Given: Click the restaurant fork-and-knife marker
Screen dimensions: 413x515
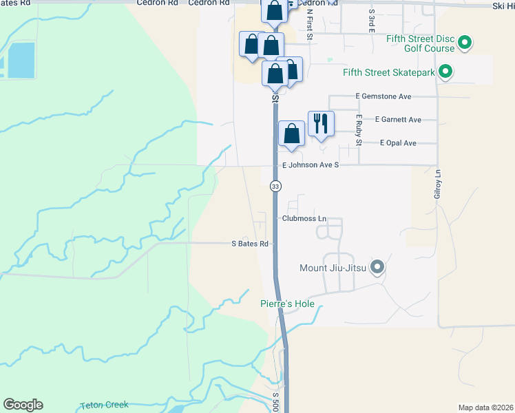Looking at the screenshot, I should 321,124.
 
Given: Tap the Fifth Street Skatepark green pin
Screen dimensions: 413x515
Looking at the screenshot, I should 445,71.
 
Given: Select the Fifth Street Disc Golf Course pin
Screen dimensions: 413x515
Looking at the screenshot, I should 465,43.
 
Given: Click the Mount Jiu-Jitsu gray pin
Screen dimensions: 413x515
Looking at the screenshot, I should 377,267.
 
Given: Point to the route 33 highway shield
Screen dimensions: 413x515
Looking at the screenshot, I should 275,187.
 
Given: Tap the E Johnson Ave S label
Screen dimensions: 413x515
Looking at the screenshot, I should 311,165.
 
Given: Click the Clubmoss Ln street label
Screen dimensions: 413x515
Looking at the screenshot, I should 303,218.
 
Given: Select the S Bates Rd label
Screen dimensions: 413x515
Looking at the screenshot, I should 249,244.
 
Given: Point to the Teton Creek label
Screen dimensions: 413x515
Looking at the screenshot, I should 104,405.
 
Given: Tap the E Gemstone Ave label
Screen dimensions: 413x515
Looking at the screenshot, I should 383,97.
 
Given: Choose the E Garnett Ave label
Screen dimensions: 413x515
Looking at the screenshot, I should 398,120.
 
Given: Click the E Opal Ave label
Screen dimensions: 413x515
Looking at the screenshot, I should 398,143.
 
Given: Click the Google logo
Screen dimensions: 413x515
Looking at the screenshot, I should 23,405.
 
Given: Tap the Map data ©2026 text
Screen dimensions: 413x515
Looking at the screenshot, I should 485,407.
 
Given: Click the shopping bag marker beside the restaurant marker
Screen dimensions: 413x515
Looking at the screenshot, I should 292,134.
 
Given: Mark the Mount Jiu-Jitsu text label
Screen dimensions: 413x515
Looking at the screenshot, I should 333,268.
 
